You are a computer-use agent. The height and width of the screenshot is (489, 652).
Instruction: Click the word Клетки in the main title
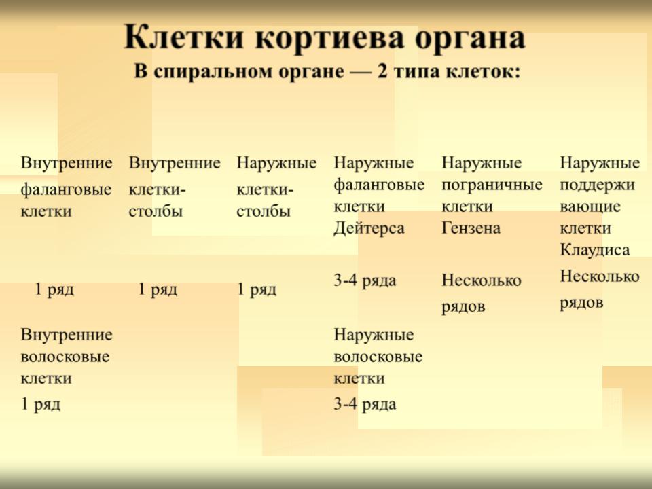pos(184,38)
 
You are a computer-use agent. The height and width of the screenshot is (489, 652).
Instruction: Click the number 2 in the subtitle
pos(382,71)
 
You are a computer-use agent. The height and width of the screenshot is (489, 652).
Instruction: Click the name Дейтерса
pos(369,228)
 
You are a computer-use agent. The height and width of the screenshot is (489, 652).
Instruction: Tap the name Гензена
pos(471,228)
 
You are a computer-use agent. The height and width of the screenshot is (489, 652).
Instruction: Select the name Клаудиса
pos(595,250)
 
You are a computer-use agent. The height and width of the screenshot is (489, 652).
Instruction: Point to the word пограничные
pos(492,185)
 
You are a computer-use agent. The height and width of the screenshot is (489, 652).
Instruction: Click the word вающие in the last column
pos(590,206)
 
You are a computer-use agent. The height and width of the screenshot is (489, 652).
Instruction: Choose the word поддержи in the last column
pos(597,185)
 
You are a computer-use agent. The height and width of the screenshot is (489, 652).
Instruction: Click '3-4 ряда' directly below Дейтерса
pos(365,280)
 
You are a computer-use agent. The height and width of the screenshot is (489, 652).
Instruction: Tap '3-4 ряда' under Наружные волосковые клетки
pos(365,403)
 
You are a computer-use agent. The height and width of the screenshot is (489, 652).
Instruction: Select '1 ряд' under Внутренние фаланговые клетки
pos(54,289)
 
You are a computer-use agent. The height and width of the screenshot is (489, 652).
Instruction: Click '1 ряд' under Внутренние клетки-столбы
pos(158,289)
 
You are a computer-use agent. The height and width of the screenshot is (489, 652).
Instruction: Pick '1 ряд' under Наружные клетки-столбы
pos(257,289)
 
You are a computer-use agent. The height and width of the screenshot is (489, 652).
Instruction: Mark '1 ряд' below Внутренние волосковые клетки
pos(41,403)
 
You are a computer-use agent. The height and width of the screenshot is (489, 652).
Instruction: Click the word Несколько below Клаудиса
pos(600,276)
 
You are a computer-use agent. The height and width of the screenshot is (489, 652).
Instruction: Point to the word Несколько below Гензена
pos(481,280)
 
